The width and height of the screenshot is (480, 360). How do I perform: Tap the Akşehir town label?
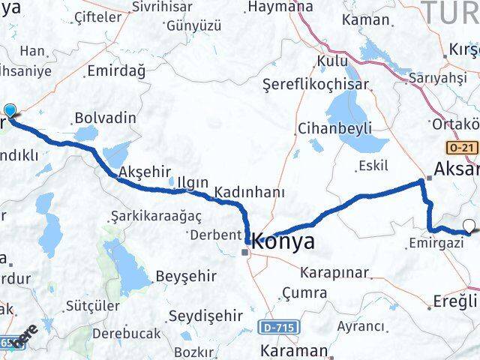(x=140, y=170)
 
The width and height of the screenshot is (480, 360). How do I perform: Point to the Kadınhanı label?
(x=249, y=193)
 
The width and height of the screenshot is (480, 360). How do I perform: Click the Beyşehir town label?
(x=181, y=277)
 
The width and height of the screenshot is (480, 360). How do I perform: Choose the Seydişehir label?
(x=205, y=316)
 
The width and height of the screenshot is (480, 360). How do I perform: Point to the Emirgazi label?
(x=435, y=243)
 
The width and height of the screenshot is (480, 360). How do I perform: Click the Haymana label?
(x=280, y=7)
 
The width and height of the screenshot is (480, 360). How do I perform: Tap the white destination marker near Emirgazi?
(x=470, y=225)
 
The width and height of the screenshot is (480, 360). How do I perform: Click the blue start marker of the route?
(x=10, y=111)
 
